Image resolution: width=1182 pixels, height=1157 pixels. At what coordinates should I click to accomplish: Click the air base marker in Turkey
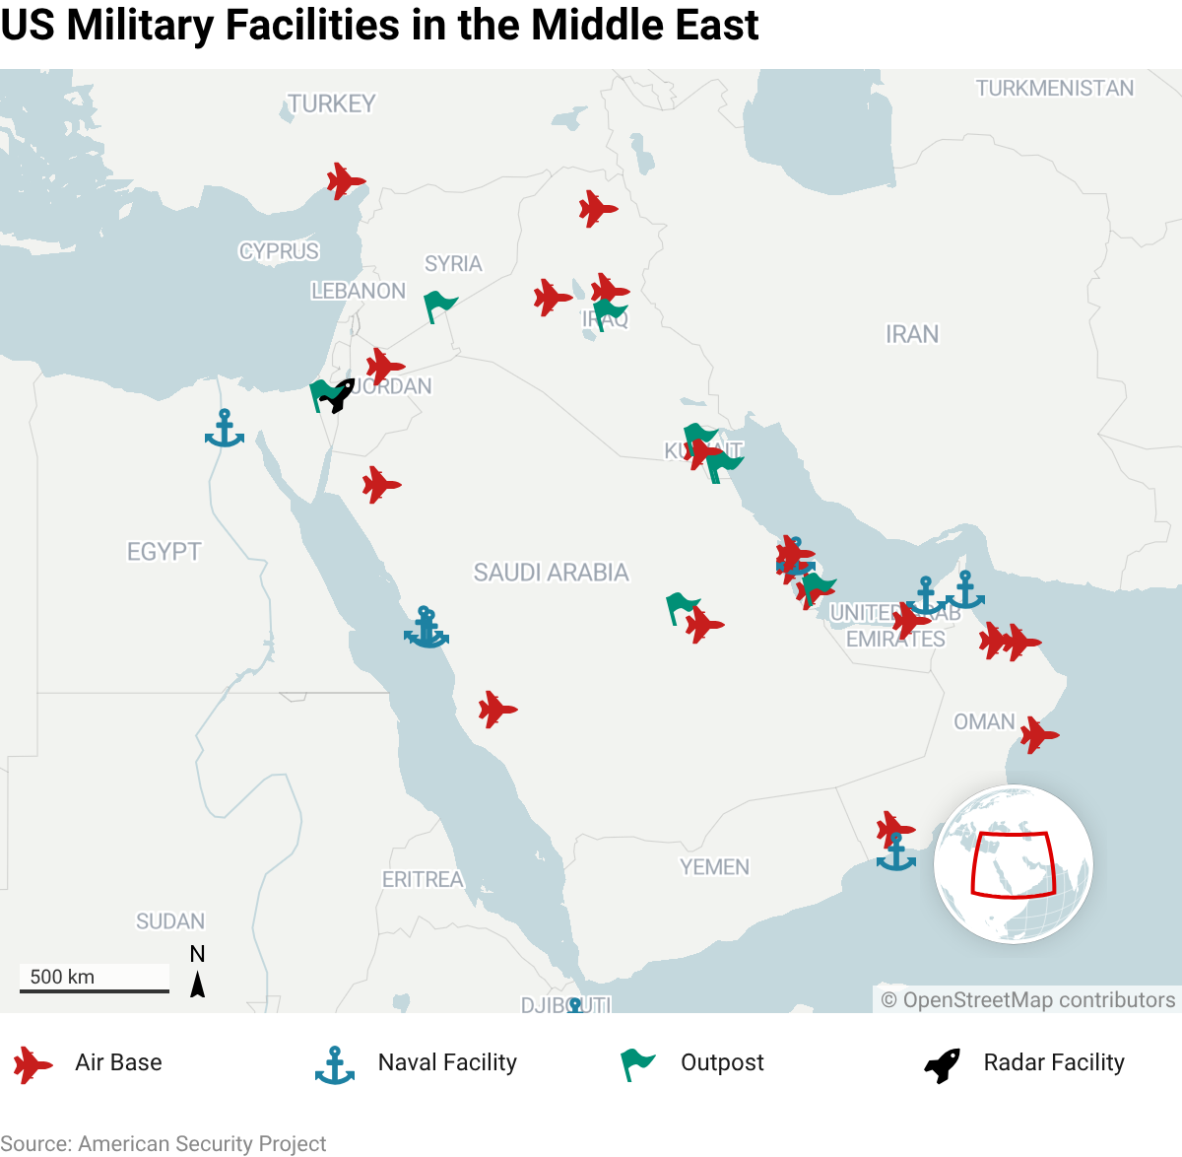tap(345, 181)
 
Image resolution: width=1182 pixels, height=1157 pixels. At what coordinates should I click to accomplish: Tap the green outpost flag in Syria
tap(439, 306)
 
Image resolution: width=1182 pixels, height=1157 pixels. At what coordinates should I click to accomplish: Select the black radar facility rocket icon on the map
tap(338, 395)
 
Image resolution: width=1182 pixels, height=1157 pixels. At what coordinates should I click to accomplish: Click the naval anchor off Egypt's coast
tap(225, 430)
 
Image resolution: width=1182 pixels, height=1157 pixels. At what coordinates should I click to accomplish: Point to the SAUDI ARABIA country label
tap(551, 573)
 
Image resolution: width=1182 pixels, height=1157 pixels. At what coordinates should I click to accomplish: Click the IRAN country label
tap(912, 335)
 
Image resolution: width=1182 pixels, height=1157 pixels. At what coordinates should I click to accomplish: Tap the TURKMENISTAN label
tap(1054, 89)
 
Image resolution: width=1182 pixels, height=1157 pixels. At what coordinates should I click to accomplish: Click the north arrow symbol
tap(197, 983)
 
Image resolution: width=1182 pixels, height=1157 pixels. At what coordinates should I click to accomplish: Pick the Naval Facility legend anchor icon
tap(334, 1065)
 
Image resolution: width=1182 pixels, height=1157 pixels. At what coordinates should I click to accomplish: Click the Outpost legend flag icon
tap(637, 1064)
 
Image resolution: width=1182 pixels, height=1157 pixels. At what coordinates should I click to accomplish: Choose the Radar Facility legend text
tap(1053, 1062)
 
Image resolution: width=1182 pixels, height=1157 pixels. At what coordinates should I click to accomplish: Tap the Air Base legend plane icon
tap(33, 1065)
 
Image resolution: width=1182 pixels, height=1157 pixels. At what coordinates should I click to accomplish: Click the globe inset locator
tap(1013, 864)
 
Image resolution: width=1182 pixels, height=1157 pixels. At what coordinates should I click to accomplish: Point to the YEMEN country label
tap(714, 867)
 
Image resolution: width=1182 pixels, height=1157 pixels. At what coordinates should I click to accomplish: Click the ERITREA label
tap(422, 879)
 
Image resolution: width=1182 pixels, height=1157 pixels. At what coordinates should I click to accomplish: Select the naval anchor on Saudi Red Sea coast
tap(427, 628)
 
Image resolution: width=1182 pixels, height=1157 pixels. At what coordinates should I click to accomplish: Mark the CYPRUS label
tap(279, 251)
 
